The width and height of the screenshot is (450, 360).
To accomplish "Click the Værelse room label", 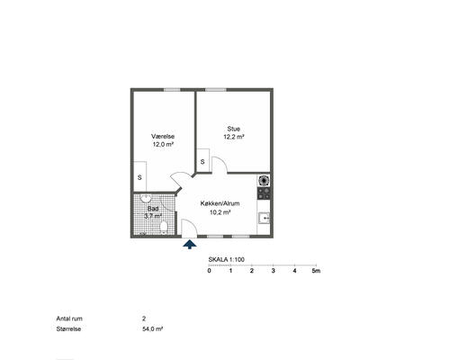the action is (163, 136).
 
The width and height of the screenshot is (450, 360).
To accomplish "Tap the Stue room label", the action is (234, 129).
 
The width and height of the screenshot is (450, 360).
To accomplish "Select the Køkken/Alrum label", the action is (220, 203).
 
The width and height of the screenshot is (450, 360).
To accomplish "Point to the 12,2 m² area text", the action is (234, 137).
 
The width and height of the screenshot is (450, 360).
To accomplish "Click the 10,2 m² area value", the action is (220, 212).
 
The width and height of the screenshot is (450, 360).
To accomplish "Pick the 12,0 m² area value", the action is (163, 144).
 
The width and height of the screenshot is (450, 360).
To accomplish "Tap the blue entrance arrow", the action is (190, 244).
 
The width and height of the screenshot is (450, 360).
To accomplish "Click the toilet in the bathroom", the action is (164, 227).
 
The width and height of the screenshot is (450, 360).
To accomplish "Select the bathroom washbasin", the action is (146, 198).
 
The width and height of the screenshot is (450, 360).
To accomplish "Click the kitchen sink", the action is (265, 218).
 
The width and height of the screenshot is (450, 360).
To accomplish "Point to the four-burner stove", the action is (264, 193).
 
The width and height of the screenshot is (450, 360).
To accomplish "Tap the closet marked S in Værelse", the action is (139, 176).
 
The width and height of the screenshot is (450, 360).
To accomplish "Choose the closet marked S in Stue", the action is (202, 160).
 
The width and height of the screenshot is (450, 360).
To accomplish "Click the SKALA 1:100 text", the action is (227, 260).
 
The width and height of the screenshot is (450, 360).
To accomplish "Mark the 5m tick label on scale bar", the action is (316, 271).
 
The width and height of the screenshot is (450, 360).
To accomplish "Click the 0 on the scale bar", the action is (209, 271).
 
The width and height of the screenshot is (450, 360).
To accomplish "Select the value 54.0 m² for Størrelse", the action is (153, 328).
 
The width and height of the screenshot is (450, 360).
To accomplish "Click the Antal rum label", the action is (69, 319).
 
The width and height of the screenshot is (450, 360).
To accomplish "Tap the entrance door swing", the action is (190, 228).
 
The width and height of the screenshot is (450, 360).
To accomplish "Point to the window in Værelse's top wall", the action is (172, 90).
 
